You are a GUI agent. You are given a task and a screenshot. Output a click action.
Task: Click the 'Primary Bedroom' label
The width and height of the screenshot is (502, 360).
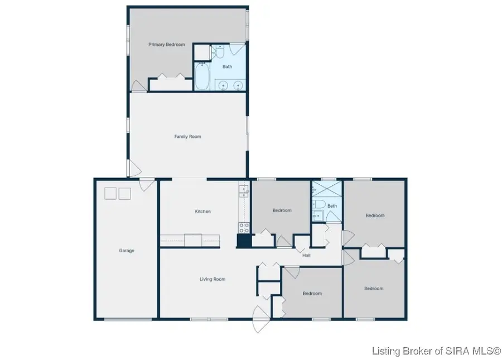pyautogui.click(x=166, y=45)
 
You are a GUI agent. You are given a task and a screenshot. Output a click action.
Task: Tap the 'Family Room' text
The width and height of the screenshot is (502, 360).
pyautogui.click(x=187, y=136)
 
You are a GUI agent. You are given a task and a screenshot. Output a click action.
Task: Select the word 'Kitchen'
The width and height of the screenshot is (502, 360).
pyautogui.click(x=202, y=212)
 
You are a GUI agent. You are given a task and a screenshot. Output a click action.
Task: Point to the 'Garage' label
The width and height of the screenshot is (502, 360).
pyautogui.click(x=127, y=251)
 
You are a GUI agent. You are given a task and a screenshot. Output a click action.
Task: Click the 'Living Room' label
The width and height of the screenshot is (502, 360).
pyautogui.click(x=213, y=279)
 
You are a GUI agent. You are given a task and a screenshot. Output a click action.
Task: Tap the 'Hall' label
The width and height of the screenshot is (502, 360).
pyautogui.click(x=306, y=256)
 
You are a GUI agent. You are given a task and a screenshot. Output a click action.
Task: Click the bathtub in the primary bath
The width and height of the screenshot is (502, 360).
pyautogui.click(x=202, y=77)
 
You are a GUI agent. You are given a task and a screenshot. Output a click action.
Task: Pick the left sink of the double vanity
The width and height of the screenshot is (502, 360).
pyautogui.click(x=223, y=85)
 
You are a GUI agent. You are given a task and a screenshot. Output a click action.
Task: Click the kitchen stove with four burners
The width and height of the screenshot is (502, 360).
pyautogui.click(x=244, y=227)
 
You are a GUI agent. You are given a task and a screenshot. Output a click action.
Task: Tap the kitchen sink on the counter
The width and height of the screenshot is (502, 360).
pyautogui.click(x=243, y=191)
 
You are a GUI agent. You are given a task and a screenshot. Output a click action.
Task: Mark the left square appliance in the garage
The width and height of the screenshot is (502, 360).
pyautogui.click(x=110, y=193)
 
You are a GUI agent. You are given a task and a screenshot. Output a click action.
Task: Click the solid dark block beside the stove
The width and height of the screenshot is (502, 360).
pyautogui.click(x=244, y=241)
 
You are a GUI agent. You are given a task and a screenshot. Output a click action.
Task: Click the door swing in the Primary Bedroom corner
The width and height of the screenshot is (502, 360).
pyautogui.click(x=137, y=85)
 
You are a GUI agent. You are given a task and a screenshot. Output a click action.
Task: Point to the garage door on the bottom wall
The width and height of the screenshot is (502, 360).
pyautogui.click(x=128, y=319)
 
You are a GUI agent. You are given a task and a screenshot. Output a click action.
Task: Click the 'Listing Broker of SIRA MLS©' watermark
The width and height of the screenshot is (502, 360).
pyautogui.click(x=437, y=351)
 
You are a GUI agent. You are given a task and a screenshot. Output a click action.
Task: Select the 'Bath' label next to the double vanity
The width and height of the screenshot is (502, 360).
pyautogui.click(x=228, y=66)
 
